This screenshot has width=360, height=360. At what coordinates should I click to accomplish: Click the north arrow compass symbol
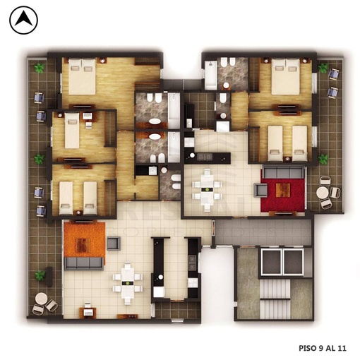(23, 20)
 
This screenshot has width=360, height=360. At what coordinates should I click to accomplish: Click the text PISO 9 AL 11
(323, 348)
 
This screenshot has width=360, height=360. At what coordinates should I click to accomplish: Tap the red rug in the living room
(283, 195)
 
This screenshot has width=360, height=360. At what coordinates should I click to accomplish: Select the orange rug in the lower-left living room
(84, 240)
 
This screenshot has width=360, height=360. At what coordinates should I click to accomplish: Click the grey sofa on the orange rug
(84, 263)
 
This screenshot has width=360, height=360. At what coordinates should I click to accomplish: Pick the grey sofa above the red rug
(283, 172)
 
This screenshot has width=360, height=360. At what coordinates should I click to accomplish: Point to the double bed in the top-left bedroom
(82, 76)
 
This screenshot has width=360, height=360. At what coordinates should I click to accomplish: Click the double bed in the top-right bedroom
(286, 76)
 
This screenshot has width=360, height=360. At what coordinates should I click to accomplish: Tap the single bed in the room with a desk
(72, 131)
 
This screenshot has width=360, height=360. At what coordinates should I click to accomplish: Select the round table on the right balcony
(323, 193)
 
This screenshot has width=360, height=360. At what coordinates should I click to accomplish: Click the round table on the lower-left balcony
(42, 299)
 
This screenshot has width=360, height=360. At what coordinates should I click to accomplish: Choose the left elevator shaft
(272, 262)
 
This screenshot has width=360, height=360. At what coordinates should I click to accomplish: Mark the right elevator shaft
(293, 262)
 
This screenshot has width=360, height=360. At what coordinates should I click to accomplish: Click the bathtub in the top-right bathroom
(210, 75)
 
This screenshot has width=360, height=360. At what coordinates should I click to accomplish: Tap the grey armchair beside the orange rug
(114, 244)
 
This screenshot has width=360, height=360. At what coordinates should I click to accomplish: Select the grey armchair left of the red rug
(261, 190)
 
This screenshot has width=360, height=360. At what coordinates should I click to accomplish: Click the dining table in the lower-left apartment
(128, 282)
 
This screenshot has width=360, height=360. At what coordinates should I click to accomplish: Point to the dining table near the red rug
(208, 190)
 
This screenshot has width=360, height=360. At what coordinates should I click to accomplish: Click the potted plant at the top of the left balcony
(40, 68)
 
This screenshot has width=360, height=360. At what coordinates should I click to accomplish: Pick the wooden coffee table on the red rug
(283, 190)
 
